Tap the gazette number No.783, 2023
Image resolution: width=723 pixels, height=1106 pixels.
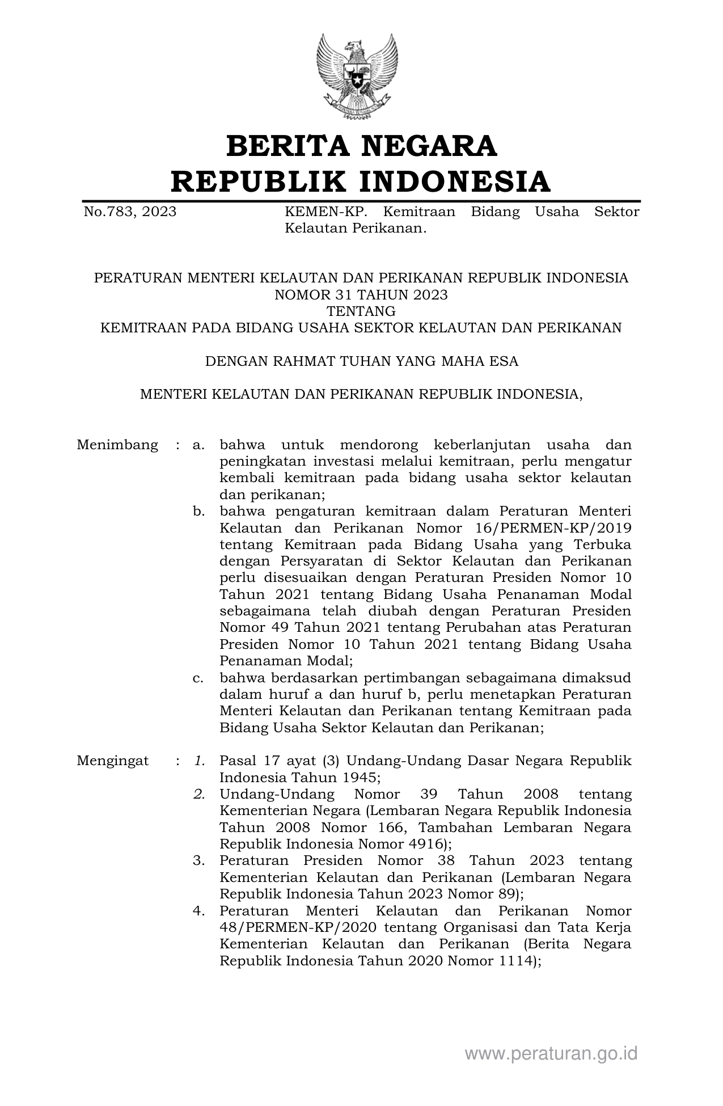130,212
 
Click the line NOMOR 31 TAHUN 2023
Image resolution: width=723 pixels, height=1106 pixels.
361,295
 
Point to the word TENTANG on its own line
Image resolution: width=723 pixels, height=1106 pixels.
361,311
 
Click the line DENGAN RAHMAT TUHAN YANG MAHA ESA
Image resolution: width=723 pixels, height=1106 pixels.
361,361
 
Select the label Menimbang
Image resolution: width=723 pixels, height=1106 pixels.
117,445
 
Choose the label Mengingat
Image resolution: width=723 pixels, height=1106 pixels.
113,761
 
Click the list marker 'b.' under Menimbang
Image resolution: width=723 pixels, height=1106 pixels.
198,512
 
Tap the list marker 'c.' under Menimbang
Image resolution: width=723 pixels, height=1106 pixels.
198,678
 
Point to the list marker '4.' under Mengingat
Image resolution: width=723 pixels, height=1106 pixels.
198,911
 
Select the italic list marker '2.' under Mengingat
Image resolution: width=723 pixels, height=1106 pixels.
198,795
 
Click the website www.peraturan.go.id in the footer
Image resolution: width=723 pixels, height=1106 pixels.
551,1054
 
